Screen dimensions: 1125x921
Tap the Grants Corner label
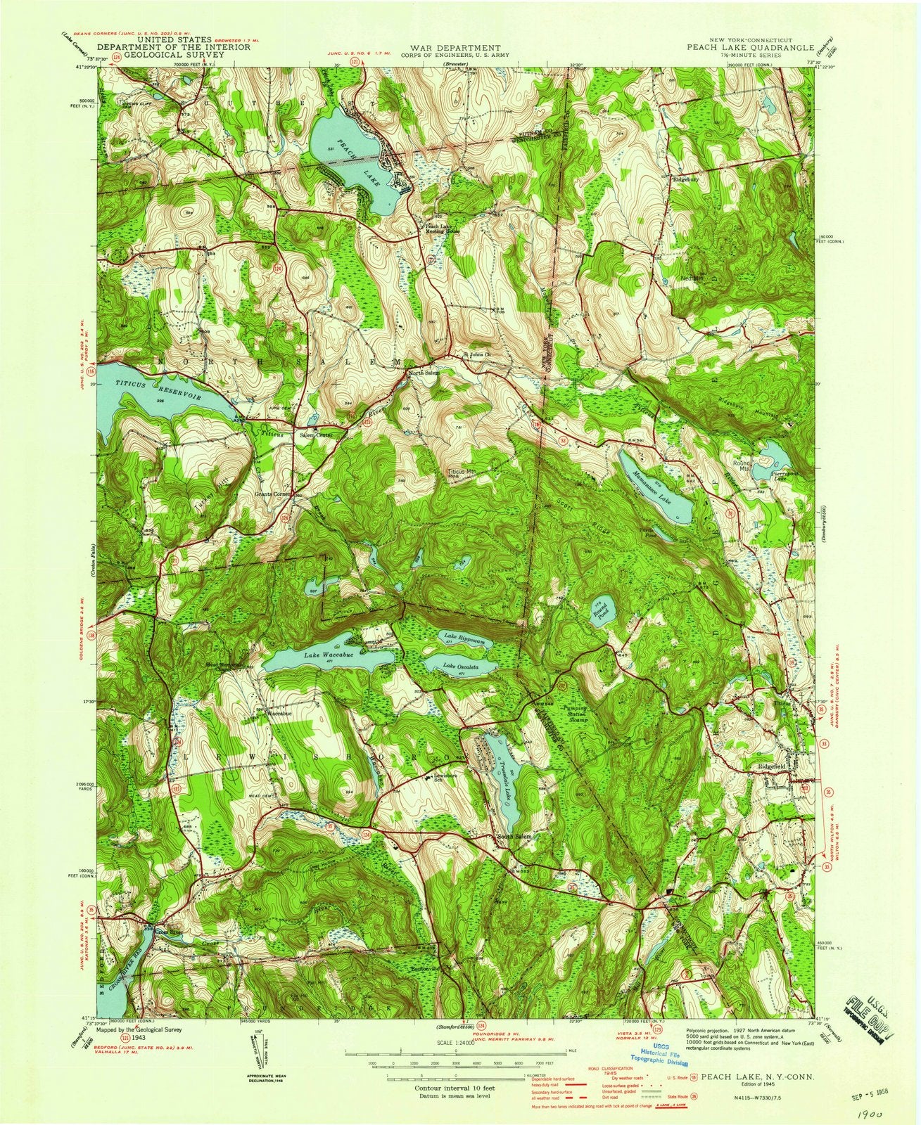[x=273, y=494]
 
